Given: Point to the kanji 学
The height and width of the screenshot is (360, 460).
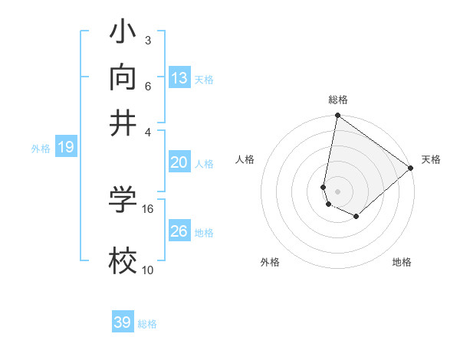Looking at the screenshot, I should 123,201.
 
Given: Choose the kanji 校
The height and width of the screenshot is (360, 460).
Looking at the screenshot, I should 123,262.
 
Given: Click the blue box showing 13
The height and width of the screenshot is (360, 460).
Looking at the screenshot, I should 179,77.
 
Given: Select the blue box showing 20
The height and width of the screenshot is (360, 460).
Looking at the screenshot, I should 179,162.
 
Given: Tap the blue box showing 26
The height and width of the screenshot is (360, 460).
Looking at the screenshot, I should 179,231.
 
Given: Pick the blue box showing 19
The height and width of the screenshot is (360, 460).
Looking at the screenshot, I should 65,147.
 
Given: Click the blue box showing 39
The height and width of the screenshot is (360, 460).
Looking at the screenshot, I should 123,322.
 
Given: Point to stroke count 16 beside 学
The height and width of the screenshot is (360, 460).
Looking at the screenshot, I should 148,208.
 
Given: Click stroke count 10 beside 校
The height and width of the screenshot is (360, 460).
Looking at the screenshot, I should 148,270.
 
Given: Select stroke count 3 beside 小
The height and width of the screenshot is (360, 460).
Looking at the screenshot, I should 148,40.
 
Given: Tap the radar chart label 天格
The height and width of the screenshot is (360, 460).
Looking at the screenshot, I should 431,159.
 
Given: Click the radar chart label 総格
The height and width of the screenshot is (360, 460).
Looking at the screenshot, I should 338,100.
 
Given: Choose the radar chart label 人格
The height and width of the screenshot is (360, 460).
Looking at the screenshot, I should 245,159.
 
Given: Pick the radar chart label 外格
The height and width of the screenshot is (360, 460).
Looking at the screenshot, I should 270,262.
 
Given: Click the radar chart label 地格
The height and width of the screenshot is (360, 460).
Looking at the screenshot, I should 402,262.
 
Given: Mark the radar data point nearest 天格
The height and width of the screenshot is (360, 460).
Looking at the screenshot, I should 411,169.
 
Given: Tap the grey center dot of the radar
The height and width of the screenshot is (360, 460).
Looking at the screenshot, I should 338,191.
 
